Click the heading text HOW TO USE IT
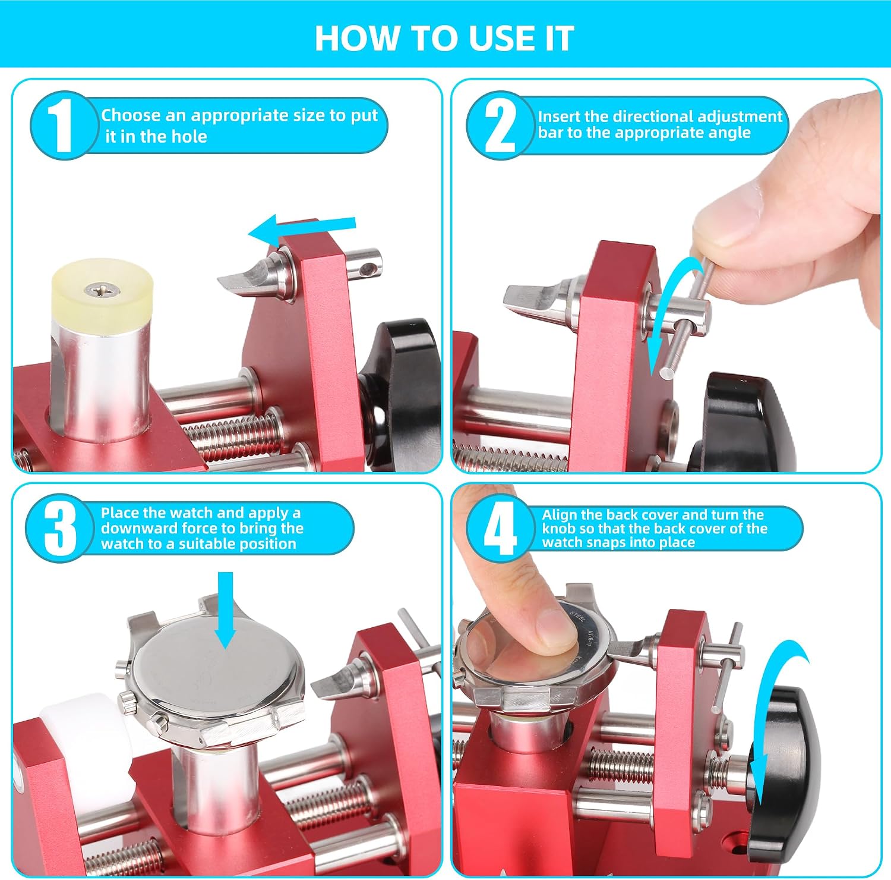pyautogui.click(x=444, y=38)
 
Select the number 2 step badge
pyautogui.click(x=500, y=125)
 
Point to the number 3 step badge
pyautogui.click(x=59, y=528)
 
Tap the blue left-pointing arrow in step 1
pyautogui.click(x=302, y=230)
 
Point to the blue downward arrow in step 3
pyautogui.click(x=225, y=609)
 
